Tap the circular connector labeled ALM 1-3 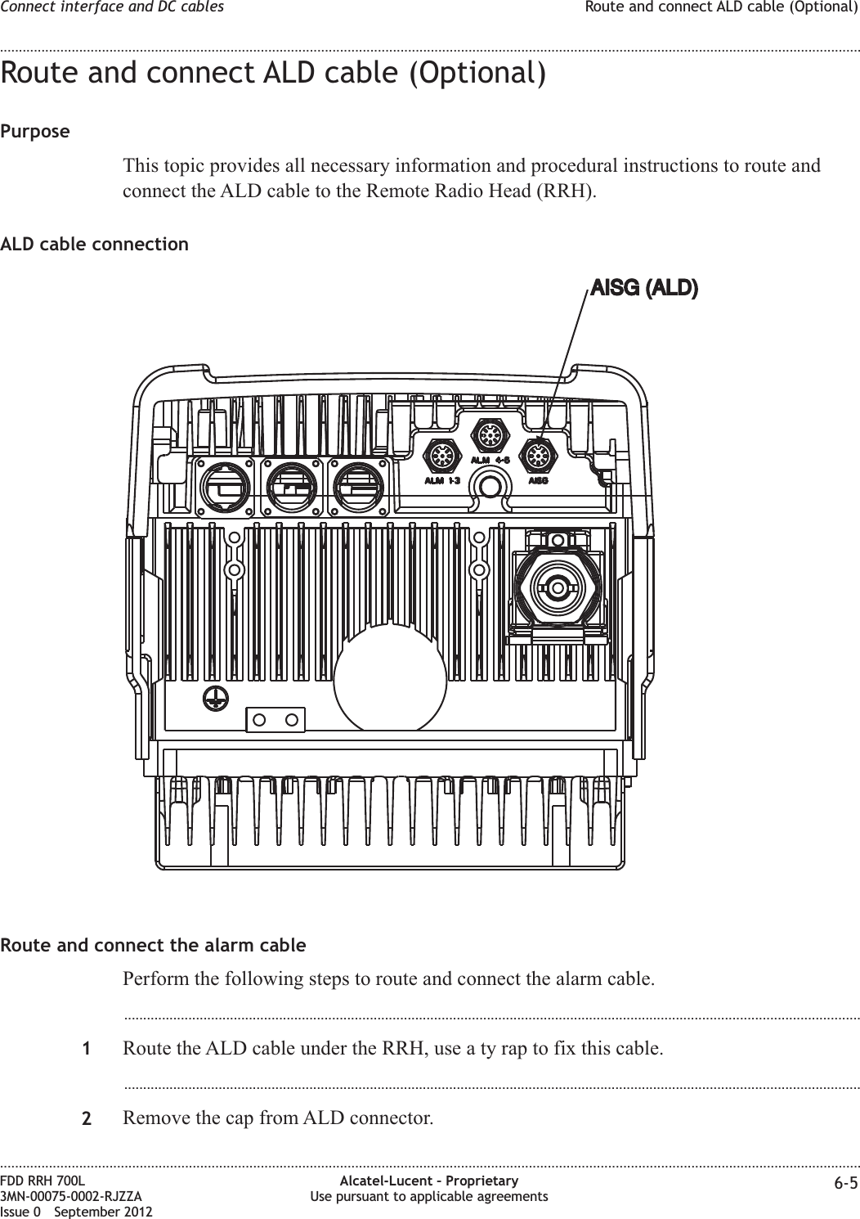[441, 455]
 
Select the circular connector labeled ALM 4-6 [490, 434]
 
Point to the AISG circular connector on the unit [537, 455]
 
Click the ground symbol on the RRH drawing [214, 698]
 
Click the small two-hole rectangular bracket [275, 720]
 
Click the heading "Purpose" [35, 132]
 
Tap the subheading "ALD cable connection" [94, 245]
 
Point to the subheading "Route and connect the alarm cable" [154, 946]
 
